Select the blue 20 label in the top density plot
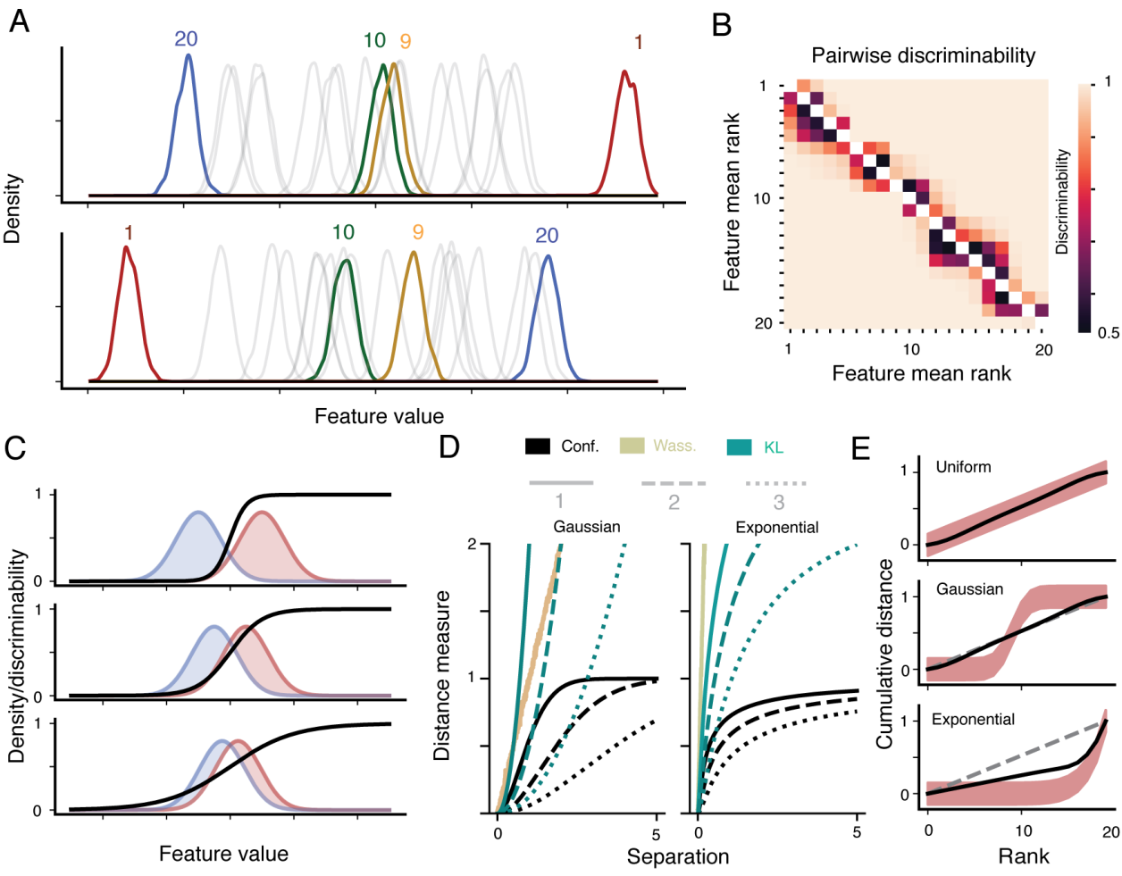tap(186, 38)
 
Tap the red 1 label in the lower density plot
tap(129, 233)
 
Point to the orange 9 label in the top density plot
tap(406, 41)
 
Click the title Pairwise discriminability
tap(923, 55)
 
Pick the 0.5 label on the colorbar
tap(1108, 333)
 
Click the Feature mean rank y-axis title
tap(732, 202)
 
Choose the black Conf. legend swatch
tap(538, 446)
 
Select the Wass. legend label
tap(674, 446)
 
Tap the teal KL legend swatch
tap(740, 446)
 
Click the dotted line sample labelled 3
tap(777, 484)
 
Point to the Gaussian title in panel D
tap(586, 527)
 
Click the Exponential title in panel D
tap(776, 527)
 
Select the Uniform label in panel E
tap(963, 467)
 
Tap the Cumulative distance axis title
tap(884, 654)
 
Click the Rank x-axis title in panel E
tap(1023, 856)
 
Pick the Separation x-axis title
tap(677, 857)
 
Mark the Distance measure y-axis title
tap(441, 675)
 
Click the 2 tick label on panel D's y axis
tap(473, 544)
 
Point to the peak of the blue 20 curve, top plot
tap(188, 55)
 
